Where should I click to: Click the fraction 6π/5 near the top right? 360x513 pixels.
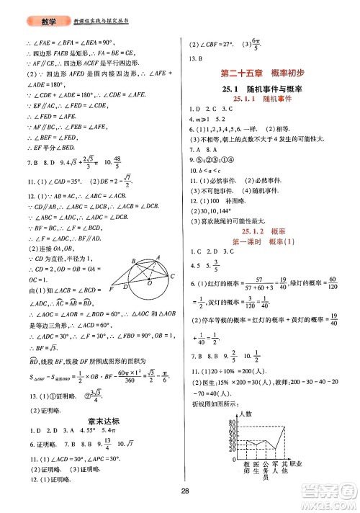(251, 45)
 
